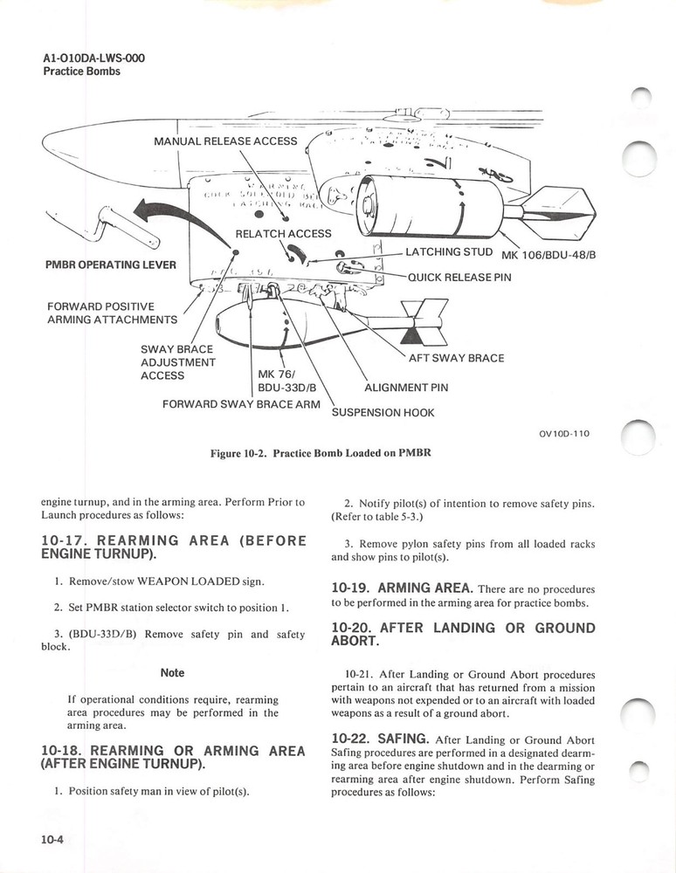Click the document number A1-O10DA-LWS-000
pos(94,58)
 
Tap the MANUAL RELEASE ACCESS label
pos(225,141)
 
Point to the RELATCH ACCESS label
pos(283,233)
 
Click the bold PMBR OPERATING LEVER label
pos(109,265)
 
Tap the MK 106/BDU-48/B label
pos(546,256)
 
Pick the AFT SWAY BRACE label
pos(456,358)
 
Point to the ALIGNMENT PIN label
pos(405,388)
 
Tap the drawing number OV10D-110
pos(558,434)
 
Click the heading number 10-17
pos(66,540)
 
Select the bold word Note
pos(172,673)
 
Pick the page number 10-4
pos(52,840)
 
